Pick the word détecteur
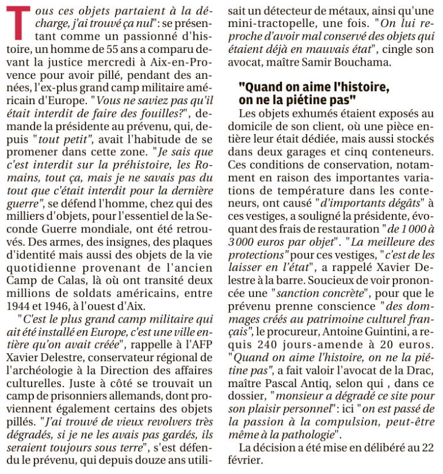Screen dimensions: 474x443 pyautogui.click(x=298, y=12)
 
